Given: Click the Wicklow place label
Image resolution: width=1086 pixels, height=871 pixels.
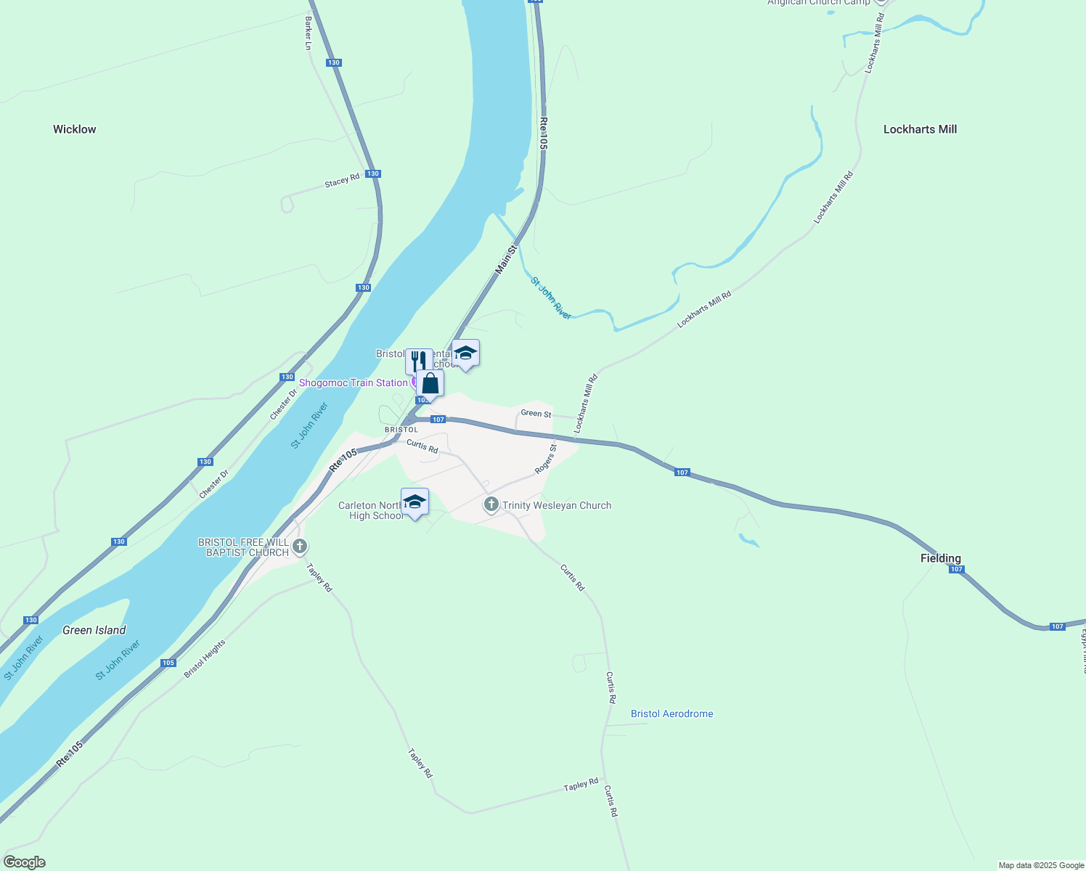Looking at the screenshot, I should (74, 129).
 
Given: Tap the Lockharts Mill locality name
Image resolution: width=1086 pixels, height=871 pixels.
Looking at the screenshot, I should (920, 129).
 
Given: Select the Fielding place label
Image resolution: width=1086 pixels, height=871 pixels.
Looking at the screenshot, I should (940, 558).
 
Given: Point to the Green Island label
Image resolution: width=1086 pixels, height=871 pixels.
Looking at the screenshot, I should (94, 630).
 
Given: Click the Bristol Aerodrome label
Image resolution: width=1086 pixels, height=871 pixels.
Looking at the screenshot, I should (671, 713).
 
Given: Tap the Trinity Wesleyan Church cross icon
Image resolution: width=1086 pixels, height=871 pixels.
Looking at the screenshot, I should (491, 504).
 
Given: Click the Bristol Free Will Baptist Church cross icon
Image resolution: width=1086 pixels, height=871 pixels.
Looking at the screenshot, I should (300, 546).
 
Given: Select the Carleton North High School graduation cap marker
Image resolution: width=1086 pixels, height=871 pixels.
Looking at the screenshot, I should (415, 502).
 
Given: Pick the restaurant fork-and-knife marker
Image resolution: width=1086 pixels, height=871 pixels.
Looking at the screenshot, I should (419, 360).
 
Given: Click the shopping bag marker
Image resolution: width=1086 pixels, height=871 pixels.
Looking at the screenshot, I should (430, 383).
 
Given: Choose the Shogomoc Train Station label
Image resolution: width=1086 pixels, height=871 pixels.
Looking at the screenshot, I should (354, 383).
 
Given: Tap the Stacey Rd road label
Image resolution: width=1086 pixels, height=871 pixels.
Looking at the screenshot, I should (342, 180).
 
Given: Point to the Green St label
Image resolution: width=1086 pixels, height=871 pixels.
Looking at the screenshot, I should (536, 413).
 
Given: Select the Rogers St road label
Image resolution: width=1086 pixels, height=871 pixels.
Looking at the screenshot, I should (545, 459).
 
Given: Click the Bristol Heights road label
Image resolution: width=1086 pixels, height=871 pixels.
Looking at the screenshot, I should (204, 658).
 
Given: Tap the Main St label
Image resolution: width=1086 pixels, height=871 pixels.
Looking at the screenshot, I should (506, 259).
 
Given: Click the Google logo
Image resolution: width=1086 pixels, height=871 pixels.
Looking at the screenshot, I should (24, 862).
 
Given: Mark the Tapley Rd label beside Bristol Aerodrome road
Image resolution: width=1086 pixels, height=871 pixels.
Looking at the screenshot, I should (581, 785).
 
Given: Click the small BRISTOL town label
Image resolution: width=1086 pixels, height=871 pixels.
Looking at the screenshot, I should (401, 430).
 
